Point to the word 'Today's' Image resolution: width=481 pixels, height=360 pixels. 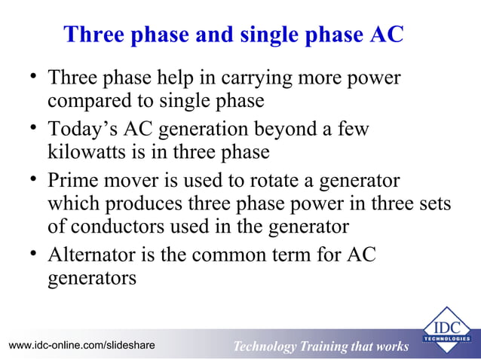point(79,130)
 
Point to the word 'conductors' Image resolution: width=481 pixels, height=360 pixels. point(118,226)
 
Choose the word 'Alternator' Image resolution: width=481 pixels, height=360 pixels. point(90,255)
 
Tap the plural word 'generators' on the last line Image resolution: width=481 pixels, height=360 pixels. point(92,277)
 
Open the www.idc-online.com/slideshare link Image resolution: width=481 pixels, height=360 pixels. point(81,345)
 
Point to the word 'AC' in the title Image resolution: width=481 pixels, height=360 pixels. point(388,35)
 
